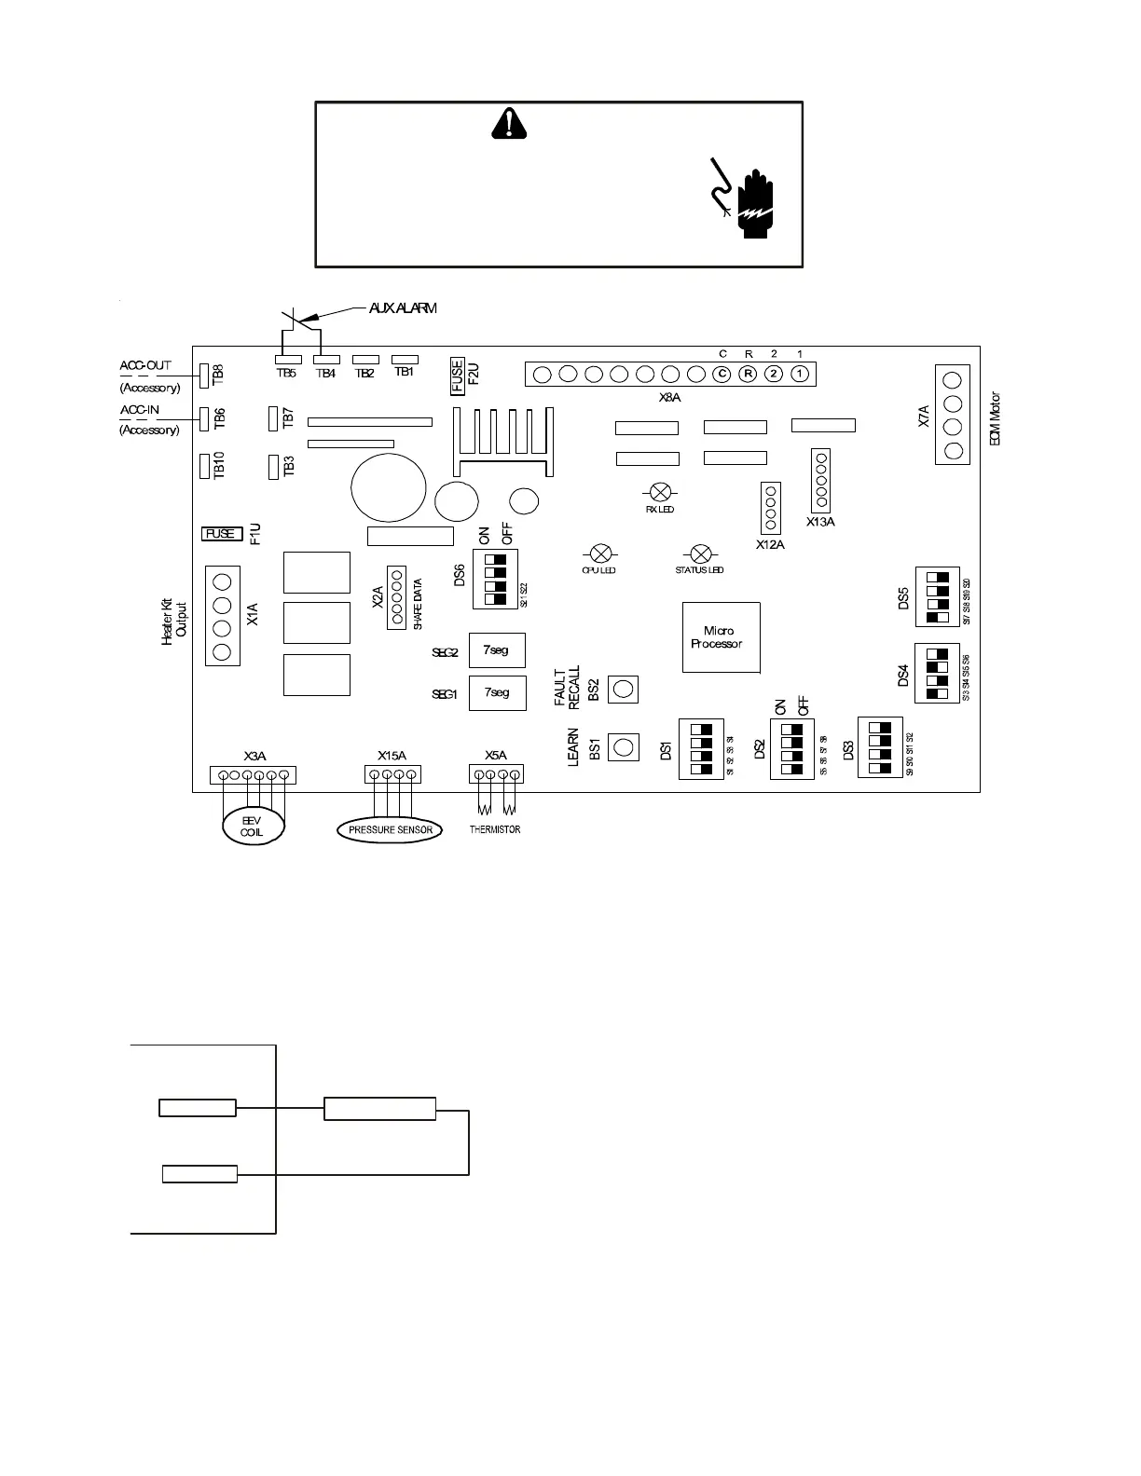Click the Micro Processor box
(721, 637)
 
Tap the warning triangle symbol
(509, 123)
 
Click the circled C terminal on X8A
(721, 374)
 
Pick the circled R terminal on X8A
(748, 374)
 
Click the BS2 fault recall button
(624, 690)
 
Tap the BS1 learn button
(624, 746)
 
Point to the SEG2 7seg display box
(497, 650)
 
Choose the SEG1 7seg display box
(497, 693)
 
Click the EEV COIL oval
(252, 826)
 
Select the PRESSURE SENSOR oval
(390, 829)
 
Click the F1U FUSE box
(221, 534)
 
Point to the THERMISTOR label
(495, 829)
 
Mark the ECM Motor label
(996, 418)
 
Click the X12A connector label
(770, 545)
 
